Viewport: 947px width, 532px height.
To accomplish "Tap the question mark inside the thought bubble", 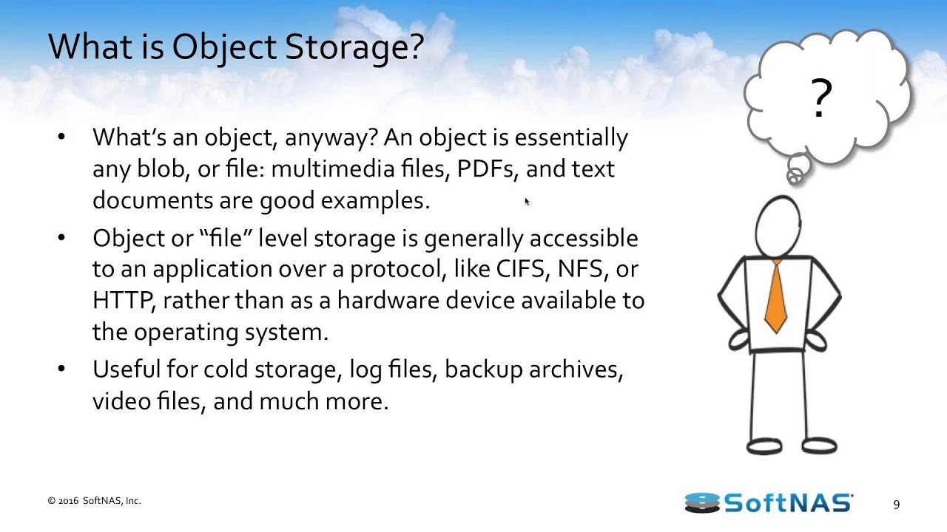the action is click(x=821, y=98).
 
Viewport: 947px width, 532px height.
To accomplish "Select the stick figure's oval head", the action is click(x=778, y=226).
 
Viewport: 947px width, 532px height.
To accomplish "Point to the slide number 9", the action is click(x=896, y=505).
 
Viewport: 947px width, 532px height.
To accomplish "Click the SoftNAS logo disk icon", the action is click(x=702, y=502).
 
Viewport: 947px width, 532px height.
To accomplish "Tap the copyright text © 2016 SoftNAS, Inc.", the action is click(x=94, y=501).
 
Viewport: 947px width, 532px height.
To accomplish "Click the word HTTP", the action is click(x=123, y=301).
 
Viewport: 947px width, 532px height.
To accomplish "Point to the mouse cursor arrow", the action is click(x=528, y=202).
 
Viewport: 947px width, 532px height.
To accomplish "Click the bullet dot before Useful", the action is click(x=61, y=369).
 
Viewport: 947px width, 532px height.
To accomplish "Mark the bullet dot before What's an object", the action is click(x=61, y=137).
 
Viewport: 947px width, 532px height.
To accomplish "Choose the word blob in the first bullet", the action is click(x=163, y=169).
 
